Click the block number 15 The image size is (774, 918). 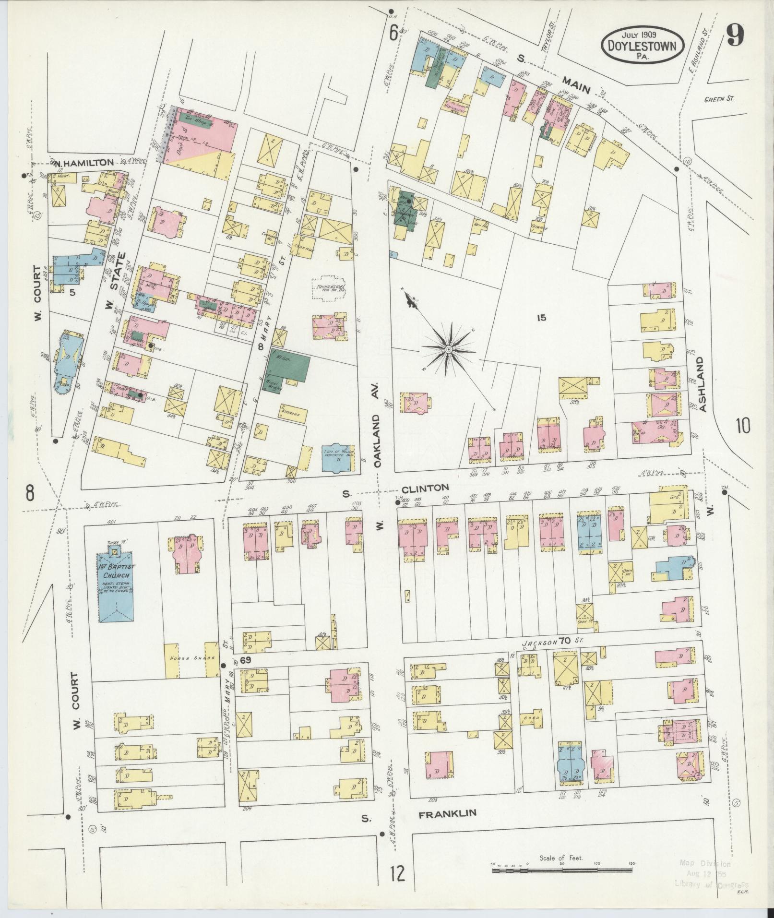[x=542, y=317]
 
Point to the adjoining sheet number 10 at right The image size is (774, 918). [x=743, y=425]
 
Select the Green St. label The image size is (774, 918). [x=719, y=99]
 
